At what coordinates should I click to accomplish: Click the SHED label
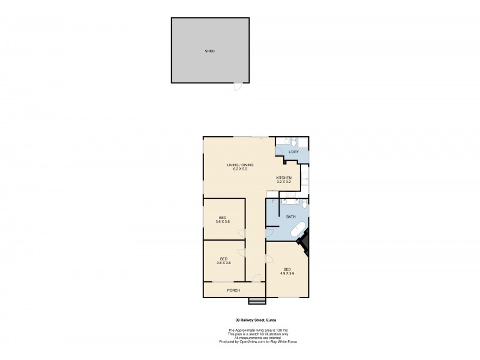click(x=209, y=51)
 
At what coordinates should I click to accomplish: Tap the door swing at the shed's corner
click(x=239, y=87)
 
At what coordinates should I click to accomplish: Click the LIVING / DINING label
click(x=240, y=165)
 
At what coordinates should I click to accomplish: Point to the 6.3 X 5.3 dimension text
click(x=240, y=169)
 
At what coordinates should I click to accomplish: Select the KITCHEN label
click(x=284, y=178)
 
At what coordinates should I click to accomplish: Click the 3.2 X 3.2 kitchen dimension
click(x=284, y=182)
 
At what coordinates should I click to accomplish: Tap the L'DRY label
click(x=293, y=152)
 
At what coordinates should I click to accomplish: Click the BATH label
click(x=290, y=217)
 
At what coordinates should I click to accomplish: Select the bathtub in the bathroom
click(x=298, y=232)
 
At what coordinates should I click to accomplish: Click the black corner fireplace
click(x=305, y=243)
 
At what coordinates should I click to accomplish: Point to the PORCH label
click(x=233, y=290)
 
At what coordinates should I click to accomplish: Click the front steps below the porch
click(x=257, y=300)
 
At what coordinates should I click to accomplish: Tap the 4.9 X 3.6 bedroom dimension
click(x=287, y=274)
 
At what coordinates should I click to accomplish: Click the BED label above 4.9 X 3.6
click(x=287, y=269)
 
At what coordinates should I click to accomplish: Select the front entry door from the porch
click(x=256, y=278)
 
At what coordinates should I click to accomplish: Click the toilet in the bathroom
click(x=304, y=205)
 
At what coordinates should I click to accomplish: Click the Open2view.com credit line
click(x=259, y=341)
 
